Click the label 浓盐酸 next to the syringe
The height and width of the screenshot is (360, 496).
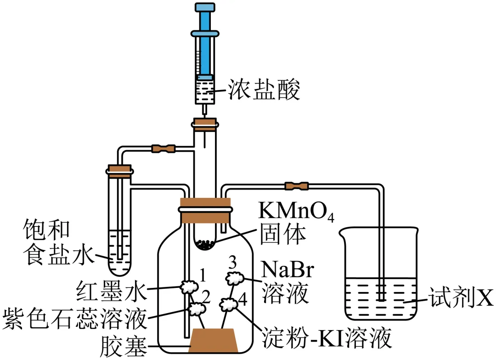[264, 91]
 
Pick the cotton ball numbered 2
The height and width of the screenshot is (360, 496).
[198, 308]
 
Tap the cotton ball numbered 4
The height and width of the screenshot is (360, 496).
[228, 303]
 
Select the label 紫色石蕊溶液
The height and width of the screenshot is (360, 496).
[73, 317]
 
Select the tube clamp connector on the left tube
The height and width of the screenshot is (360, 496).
[163, 148]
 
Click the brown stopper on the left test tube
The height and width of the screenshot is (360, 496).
[119, 170]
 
